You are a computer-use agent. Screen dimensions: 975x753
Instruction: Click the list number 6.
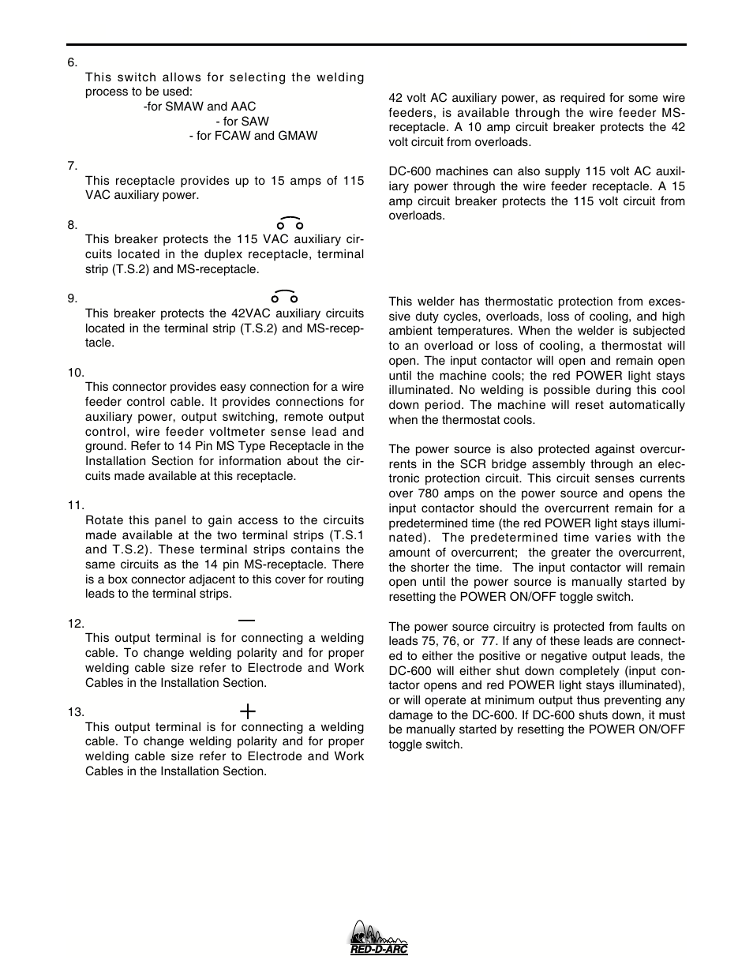point(73,62)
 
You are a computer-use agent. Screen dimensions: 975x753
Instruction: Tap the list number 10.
point(76,373)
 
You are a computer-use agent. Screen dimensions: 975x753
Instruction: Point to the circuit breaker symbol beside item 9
point(285,297)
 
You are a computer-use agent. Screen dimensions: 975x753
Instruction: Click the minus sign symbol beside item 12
point(247,621)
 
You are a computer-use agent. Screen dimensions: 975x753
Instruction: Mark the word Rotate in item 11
point(104,520)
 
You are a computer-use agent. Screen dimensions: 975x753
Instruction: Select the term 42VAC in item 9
point(230,313)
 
